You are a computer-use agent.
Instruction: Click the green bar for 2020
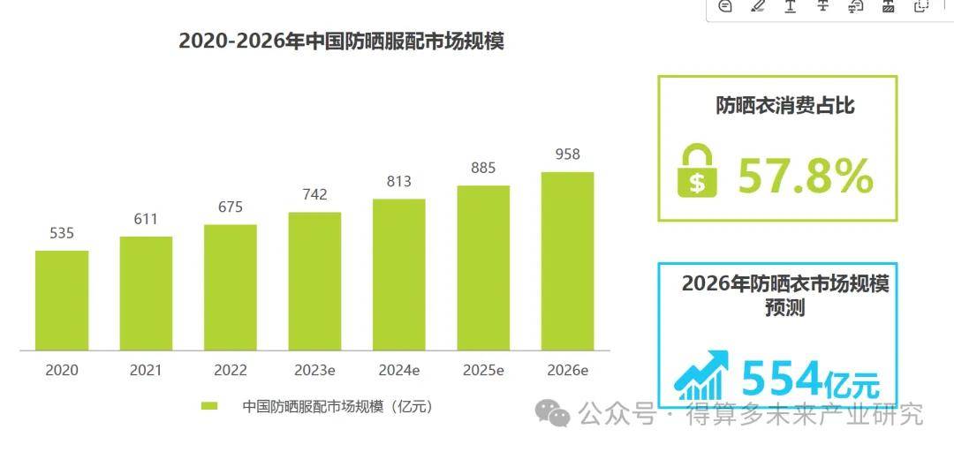(62, 300)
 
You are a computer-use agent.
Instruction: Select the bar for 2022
(231, 287)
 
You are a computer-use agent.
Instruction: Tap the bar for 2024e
(399, 274)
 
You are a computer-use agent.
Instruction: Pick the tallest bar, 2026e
(567, 260)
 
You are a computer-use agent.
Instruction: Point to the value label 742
(314, 195)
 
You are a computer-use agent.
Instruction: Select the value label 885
(483, 168)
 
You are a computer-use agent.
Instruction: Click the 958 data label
(567, 154)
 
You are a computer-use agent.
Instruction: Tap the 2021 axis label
(146, 371)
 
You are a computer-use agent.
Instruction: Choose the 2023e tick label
(314, 371)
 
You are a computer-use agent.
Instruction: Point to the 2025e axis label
(483, 371)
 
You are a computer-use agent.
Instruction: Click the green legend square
(209, 406)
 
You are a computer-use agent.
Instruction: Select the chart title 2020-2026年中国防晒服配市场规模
(341, 41)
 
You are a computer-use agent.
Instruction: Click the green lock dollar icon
(697, 170)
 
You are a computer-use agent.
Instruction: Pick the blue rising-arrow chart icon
(702, 375)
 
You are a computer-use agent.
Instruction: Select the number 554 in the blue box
(782, 380)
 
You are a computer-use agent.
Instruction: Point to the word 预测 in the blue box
(785, 309)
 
